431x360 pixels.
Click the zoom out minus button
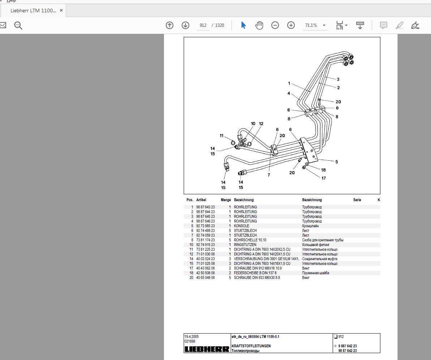click(x=275, y=25)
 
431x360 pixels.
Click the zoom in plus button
click(x=291, y=25)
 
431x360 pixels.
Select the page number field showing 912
click(x=203, y=25)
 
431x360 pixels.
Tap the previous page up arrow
click(x=170, y=25)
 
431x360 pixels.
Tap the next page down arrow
click(x=185, y=25)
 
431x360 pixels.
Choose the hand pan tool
click(x=259, y=25)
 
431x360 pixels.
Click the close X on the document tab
click(x=61, y=10)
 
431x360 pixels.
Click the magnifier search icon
click(x=18, y=25)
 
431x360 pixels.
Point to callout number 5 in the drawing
click(x=337, y=162)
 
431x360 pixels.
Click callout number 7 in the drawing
click(x=269, y=175)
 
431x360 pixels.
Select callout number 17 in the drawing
click(x=324, y=178)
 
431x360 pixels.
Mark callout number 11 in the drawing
click(x=222, y=136)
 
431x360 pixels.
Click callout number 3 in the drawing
click(x=338, y=79)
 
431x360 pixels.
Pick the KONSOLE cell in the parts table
click(x=242, y=226)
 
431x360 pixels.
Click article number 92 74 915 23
click(x=205, y=245)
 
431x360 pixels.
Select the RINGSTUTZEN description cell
click(x=245, y=245)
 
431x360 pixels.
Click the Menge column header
click(x=226, y=200)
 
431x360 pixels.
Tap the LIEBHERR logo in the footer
click(x=207, y=349)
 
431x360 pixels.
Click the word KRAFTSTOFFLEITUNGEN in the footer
click(x=251, y=346)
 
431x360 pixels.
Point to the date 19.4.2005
click(x=192, y=336)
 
